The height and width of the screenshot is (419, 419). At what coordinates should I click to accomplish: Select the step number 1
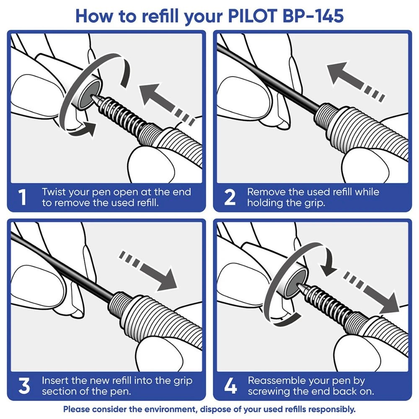24,198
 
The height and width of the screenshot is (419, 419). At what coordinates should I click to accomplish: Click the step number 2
230,198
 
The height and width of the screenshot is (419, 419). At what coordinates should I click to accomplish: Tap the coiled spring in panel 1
122,113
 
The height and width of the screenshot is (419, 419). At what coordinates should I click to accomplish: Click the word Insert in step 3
54,381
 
